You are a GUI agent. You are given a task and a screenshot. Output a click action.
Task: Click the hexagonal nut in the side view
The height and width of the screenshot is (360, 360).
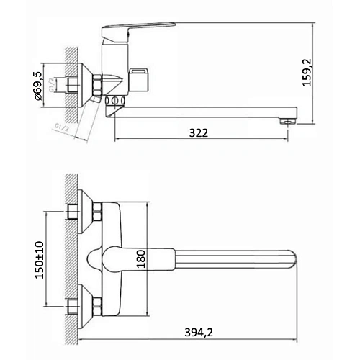73,84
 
